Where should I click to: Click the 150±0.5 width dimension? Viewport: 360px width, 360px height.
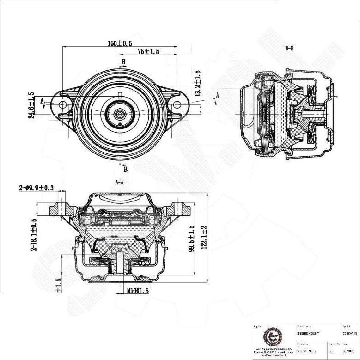point(120,43)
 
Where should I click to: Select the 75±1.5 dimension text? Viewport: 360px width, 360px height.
point(148,52)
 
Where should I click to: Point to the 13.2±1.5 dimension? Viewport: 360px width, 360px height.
point(198,84)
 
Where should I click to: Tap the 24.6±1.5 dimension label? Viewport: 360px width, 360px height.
point(31,105)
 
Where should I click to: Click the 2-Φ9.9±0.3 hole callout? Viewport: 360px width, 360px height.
point(37,188)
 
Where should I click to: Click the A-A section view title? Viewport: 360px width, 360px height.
point(119,183)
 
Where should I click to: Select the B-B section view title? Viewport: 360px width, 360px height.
point(289,49)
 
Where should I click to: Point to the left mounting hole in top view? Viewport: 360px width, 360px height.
point(63,105)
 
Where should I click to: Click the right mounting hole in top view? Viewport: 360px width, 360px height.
point(177,105)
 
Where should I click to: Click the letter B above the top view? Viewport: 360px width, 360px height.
point(123,62)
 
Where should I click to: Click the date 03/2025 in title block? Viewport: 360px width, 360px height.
point(348,350)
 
